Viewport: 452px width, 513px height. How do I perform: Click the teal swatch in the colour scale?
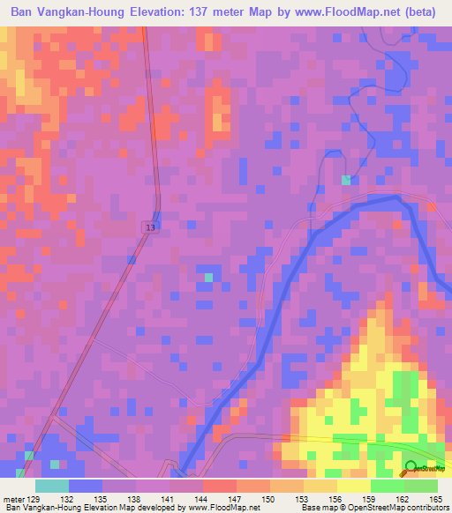coord(52,486)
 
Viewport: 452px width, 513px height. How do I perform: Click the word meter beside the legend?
coord(13,498)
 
